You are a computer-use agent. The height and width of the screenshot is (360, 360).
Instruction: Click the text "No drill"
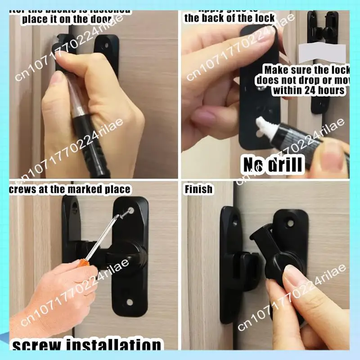pyautogui.click(x=273, y=165)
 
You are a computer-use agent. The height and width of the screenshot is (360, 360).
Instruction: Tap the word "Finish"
pyautogui.click(x=198, y=189)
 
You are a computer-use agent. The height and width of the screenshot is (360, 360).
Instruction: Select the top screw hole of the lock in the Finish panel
pyautogui.click(x=290, y=222)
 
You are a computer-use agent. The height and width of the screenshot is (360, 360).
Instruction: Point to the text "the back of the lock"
pyautogui.click(x=229, y=18)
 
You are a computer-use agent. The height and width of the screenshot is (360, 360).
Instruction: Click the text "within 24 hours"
pyautogui.click(x=308, y=90)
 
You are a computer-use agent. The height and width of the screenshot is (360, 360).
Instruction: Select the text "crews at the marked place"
pyautogui.click(x=70, y=189)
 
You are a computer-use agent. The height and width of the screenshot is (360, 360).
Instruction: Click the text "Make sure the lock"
pyautogui.click(x=306, y=70)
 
